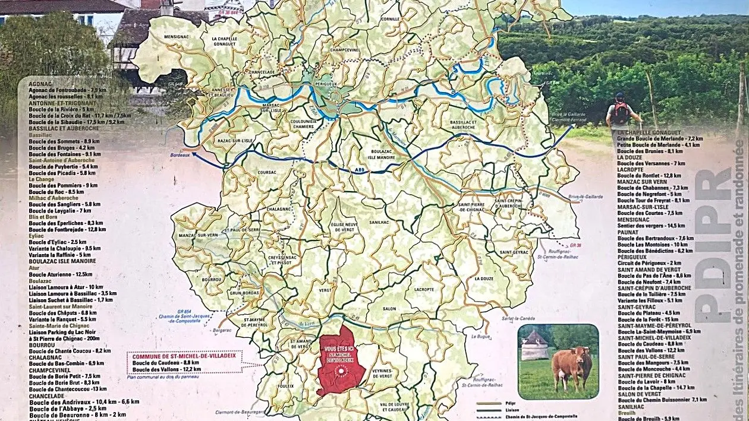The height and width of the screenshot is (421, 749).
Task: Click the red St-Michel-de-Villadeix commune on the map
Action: click(x=340, y=362)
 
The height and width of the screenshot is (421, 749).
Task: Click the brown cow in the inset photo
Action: click(x=571, y=364)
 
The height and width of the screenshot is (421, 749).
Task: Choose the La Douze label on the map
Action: click(x=484, y=278)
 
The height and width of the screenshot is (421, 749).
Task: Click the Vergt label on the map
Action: click(x=325, y=290)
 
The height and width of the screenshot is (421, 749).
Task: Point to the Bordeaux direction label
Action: click(x=180, y=156)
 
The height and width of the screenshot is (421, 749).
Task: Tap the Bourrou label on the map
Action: click(x=212, y=279)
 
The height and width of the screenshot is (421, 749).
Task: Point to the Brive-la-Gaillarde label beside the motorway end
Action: click(x=586, y=197)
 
